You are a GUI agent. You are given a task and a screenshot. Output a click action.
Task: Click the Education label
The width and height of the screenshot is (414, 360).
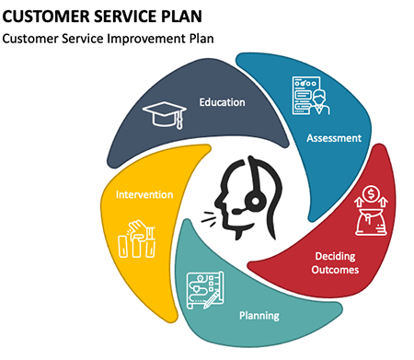[223, 101]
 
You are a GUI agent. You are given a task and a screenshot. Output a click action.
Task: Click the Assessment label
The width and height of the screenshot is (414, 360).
[334, 138]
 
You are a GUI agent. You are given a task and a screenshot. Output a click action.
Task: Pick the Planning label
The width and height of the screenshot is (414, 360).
[259, 316]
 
